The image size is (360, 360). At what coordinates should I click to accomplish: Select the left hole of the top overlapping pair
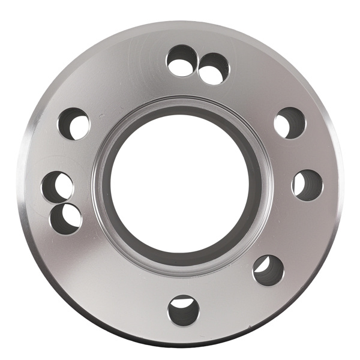click(x=182, y=61)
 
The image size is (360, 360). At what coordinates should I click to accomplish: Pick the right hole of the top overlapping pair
click(x=213, y=68)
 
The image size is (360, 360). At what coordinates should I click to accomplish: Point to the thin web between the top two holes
click(x=199, y=64)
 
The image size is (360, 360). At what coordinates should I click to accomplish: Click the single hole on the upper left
click(x=74, y=124)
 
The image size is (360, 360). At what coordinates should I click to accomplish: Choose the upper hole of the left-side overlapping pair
click(x=58, y=187)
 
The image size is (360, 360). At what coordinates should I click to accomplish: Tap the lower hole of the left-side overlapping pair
click(x=65, y=218)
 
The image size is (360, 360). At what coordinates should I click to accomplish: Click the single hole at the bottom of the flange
click(x=184, y=310)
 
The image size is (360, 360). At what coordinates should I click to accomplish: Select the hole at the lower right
click(x=268, y=270)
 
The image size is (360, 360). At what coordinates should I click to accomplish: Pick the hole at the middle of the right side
click(x=307, y=185)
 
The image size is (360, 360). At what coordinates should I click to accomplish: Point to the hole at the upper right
click(x=290, y=123)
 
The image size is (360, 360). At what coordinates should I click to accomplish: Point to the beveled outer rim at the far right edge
click(x=338, y=180)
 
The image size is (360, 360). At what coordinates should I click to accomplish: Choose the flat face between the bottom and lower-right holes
click(x=228, y=294)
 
